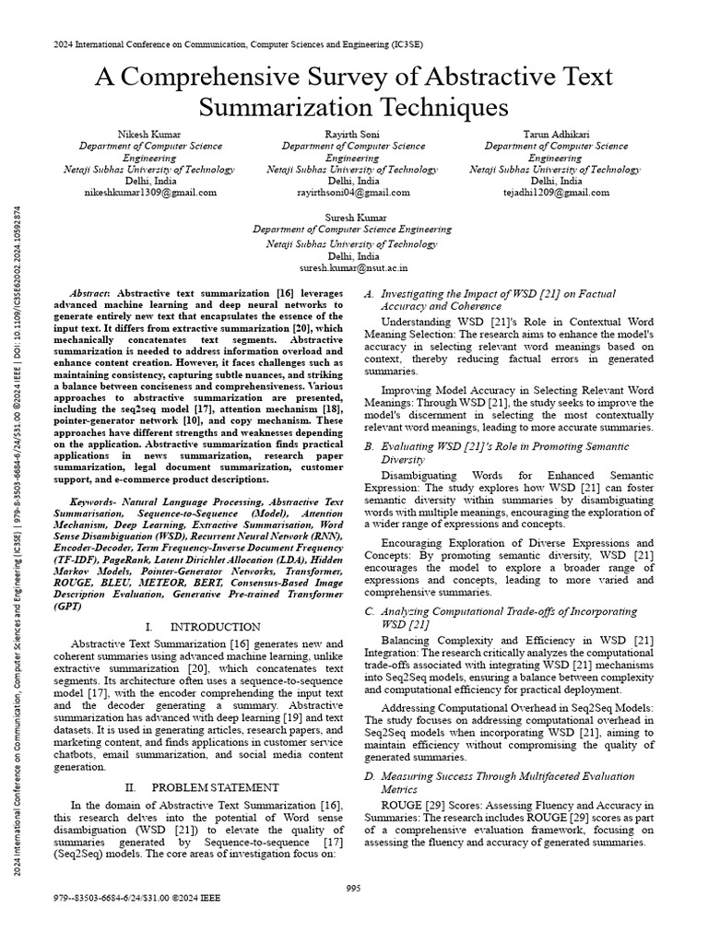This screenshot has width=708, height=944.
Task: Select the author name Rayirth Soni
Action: point(353,134)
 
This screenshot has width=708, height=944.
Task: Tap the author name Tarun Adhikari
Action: point(556,134)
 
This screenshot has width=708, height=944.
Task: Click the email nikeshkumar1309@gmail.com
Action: point(149,193)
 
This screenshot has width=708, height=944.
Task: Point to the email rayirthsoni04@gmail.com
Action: point(353,193)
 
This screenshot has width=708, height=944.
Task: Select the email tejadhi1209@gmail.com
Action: point(556,193)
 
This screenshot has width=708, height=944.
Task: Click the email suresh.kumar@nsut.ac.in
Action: point(353,264)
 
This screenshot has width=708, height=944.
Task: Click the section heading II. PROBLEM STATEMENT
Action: point(201,787)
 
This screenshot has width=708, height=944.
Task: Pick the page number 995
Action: point(353,888)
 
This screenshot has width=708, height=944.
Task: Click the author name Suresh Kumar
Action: point(353,217)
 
